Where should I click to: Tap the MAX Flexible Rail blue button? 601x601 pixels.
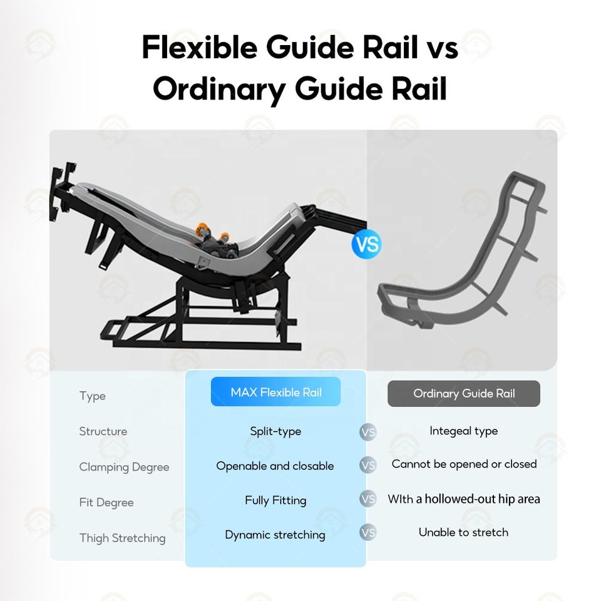pyautogui.click(x=275, y=392)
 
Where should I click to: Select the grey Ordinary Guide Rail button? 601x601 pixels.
pyautogui.click(x=463, y=394)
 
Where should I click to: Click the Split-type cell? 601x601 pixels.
pyautogui.click(x=275, y=431)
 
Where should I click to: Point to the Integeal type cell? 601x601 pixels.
pyautogui.click(x=463, y=431)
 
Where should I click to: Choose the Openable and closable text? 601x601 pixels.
pyautogui.click(x=275, y=466)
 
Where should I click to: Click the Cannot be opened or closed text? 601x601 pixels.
pyautogui.click(x=464, y=464)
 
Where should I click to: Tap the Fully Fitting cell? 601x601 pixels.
pyautogui.click(x=275, y=500)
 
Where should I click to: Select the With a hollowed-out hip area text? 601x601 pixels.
pyautogui.click(x=463, y=499)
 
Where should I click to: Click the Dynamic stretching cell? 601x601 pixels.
pyautogui.click(x=275, y=535)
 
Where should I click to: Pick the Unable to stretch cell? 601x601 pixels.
pyautogui.click(x=463, y=532)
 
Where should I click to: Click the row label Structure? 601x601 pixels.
pyautogui.click(x=103, y=431)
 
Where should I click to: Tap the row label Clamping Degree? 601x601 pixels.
pyautogui.click(x=124, y=467)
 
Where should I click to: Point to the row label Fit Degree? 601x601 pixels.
pyautogui.click(x=106, y=502)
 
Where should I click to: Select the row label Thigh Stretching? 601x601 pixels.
pyautogui.click(x=122, y=538)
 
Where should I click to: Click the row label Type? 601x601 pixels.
pyautogui.click(x=92, y=396)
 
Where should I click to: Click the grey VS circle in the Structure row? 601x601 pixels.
pyautogui.click(x=368, y=432)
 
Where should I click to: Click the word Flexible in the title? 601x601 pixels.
pyautogui.click(x=198, y=48)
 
